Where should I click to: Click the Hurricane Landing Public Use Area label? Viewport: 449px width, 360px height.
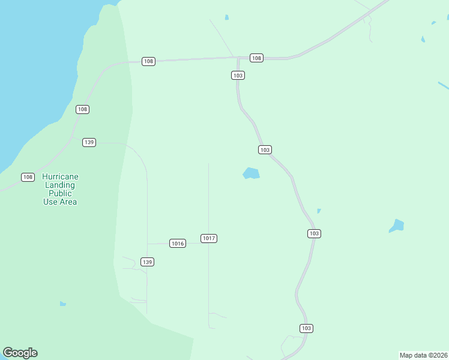[x=60, y=189]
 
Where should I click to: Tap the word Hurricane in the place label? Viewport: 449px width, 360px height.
[x=60, y=177]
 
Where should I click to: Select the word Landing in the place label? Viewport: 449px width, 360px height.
[x=60, y=185]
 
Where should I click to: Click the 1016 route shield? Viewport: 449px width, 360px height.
[x=177, y=243]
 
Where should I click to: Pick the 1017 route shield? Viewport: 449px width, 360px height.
[x=208, y=238]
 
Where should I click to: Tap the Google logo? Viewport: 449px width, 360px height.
[x=20, y=353]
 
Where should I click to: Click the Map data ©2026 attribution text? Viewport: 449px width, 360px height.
[x=423, y=355]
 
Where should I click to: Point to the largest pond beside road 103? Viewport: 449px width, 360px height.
[x=251, y=173]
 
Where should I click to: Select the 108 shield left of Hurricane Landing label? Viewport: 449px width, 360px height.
[x=28, y=177]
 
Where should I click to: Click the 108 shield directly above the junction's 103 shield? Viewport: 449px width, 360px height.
[x=256, y=58]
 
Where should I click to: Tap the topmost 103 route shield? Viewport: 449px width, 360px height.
[x=238, y=75]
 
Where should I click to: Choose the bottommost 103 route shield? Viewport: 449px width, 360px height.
[x=306, y=328]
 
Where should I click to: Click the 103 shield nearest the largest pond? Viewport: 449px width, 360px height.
[x=265, y=149]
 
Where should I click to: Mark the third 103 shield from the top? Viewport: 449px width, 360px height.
[x=313, y=233]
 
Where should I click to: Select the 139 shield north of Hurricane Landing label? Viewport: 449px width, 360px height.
[x=89, y=142]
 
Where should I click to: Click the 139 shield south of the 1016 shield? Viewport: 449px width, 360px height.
[x=147, y=262]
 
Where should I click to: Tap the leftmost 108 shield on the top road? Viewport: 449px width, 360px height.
[x=148, y=61]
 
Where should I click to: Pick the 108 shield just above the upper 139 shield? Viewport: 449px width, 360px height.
[x=82, y=109]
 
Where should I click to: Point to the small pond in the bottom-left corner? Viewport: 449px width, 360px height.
[x=62, y=304]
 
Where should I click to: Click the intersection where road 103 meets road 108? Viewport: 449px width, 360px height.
[x=238, y=58]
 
